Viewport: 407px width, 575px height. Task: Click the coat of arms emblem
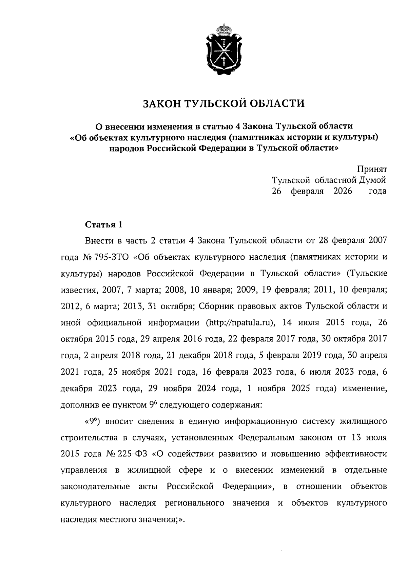224,51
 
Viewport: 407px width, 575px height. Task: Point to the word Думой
372,180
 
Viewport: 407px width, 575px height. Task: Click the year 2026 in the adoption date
343,191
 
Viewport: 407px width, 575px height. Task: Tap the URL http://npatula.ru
240,322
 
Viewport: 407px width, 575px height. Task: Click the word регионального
194,503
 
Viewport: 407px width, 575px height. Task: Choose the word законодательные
95,487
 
